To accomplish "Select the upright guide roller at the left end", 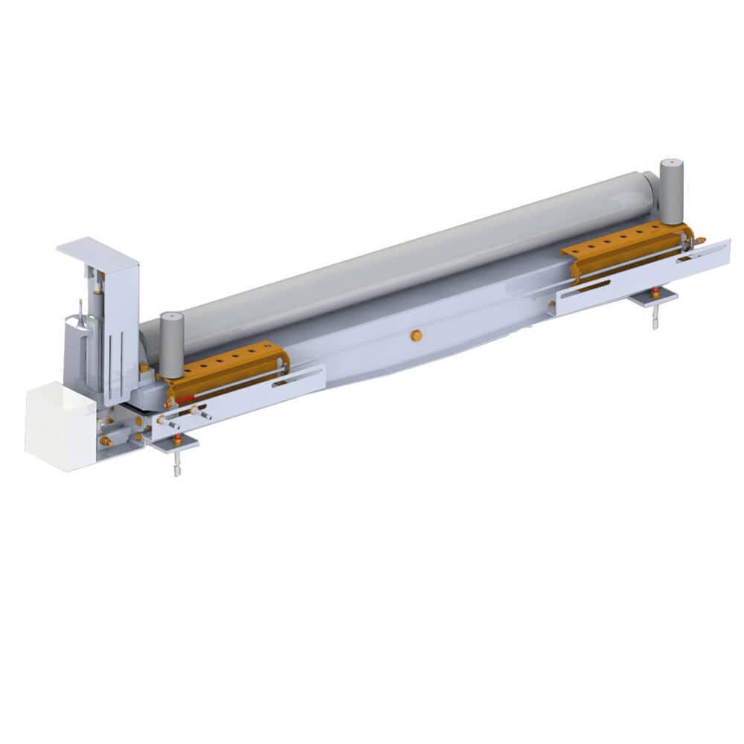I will point(172,344).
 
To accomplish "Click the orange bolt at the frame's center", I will point(417,336).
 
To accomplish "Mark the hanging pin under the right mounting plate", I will point(655,318).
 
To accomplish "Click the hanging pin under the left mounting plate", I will point(176,467).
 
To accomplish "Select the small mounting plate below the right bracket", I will point(652,298).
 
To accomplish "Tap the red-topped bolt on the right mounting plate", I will point(655,292).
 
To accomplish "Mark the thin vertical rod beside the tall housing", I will point(80,311).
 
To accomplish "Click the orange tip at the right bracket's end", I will point(701,240).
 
